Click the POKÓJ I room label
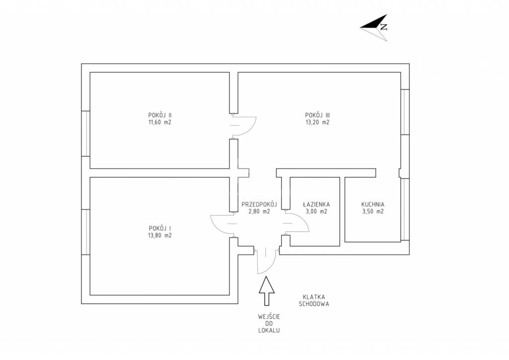[x=160, y=228]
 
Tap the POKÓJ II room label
[x=160, y=115]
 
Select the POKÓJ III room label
[x=318, y=115]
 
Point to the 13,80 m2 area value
[x=160, y=236]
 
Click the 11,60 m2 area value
[x=160, y=122]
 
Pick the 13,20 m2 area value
[x=318, y=122]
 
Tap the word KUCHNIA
[x=373, y=204]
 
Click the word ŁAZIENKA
[x=316, y=204]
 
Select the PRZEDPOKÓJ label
[x=259, y=204]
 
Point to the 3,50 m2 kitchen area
[x=373, y=212]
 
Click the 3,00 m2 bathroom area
[x=316, y=212]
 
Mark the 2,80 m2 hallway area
[x=259, y=212]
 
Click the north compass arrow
[x=374, y=27]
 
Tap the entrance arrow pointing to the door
[x=266, y=291]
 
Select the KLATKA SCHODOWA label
[x=314, y=300]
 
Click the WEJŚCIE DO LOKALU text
[x=269, y=324]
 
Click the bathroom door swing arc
[x=304, y=221]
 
